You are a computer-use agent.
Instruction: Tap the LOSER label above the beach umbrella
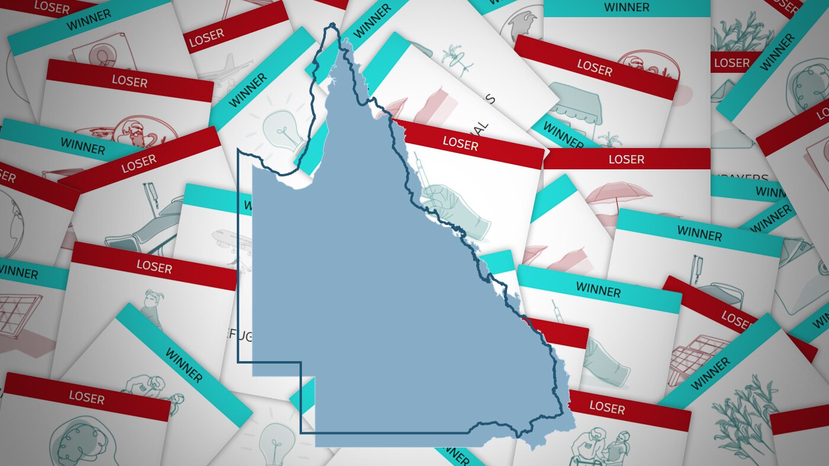(626, 159)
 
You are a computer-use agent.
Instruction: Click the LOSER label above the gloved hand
(460, 143)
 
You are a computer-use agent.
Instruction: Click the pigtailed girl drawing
(153, 304)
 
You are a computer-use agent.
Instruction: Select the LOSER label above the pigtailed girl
(154, 266)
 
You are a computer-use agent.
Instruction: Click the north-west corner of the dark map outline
(238, 150)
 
